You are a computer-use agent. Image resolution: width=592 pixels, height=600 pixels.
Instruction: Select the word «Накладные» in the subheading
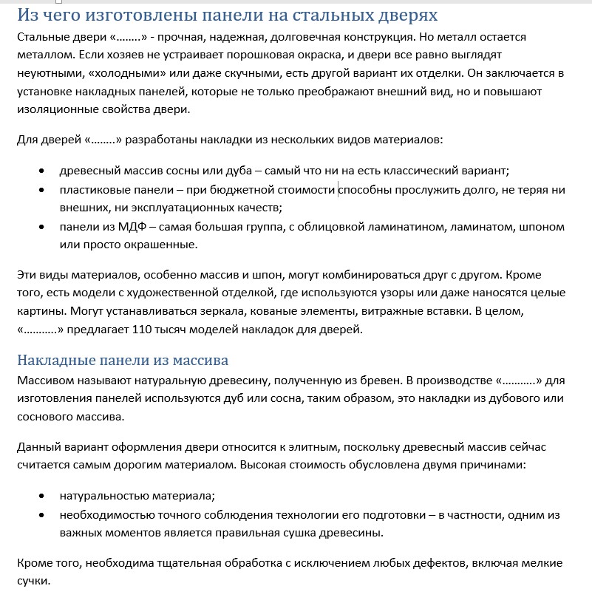54,361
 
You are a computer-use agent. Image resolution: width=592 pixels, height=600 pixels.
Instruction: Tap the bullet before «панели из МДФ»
43,227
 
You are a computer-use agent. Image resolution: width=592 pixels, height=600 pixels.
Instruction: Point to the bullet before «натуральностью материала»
43,496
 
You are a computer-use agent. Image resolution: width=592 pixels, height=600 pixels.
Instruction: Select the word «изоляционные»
61,109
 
